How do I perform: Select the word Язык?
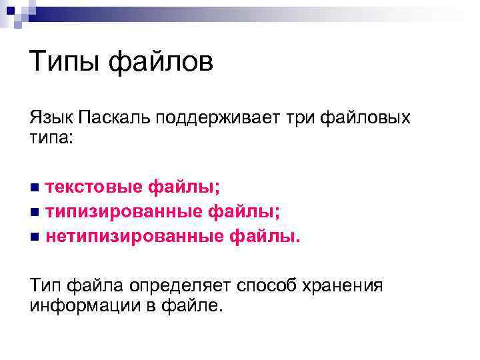click(x=51, y=119)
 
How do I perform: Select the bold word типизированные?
click(x=124, y=212)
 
